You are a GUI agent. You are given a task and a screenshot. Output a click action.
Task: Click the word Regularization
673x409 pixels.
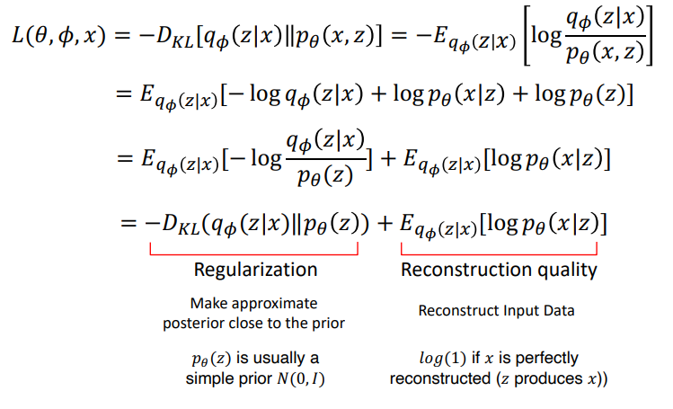[x=256, y=269]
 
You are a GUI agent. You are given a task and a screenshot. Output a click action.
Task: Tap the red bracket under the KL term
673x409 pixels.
[x=256, y=245]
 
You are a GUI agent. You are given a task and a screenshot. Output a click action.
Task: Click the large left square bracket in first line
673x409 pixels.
[x=527, y=44]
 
